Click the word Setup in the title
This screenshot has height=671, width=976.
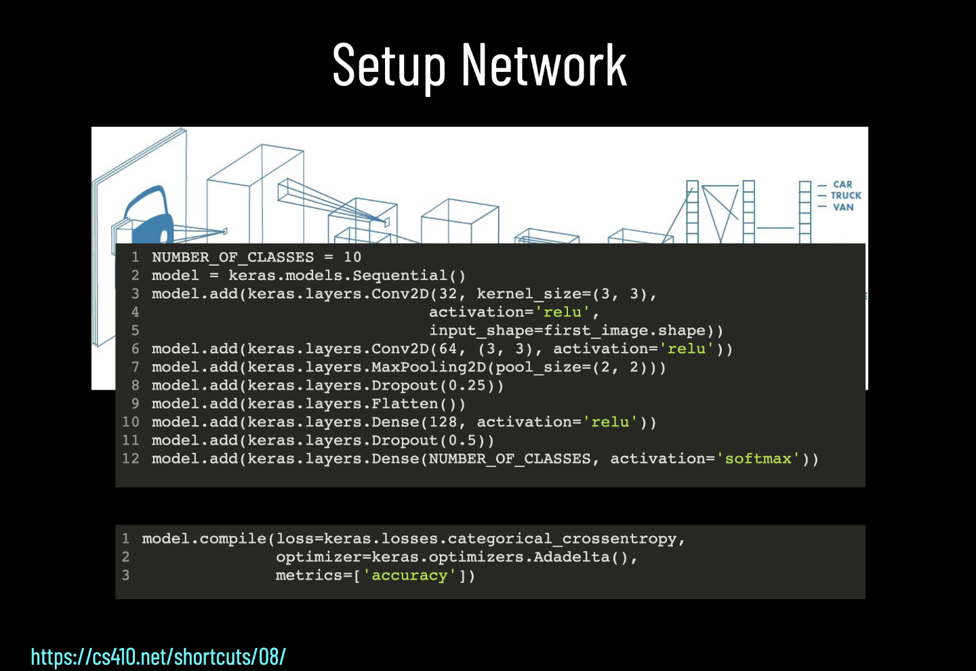tap(388, 66)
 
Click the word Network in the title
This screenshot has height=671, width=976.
tap(544, 66)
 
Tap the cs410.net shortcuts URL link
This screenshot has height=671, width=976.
tap(158, 656)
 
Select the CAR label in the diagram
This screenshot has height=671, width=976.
tap(842, 184)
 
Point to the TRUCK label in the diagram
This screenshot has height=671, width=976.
tap(846, 195)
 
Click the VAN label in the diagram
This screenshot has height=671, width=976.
tap(843, 207)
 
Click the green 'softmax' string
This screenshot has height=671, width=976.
tap(758, 459)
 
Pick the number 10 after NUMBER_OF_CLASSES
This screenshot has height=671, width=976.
tap(352, 258)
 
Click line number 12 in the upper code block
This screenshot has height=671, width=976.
tap(131, 459)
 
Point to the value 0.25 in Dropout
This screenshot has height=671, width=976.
tap(467, 386)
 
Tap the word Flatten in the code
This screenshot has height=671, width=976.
tap(405, 404)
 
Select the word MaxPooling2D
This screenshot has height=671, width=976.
tap(428, 367)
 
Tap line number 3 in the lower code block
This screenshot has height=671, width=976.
tap(125, 575)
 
